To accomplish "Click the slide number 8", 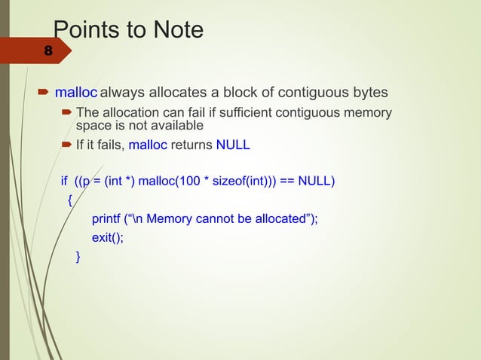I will pyautogui.click(x=48, y=52).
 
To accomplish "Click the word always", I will pyautogui.click(x=124, y=93).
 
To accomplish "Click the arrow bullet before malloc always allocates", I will pyautogui.click(x=42, y=93).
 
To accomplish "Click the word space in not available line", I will pyautogui.click(x=93, y=124).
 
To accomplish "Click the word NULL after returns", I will pyautogui.click(x=232, y=145).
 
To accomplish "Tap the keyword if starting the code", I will pyautogui.click(x=64, y=182).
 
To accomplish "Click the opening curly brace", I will pyautogui.click(x=70, y=200).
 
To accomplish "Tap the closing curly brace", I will pyautogui.click(x=78, y=258).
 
